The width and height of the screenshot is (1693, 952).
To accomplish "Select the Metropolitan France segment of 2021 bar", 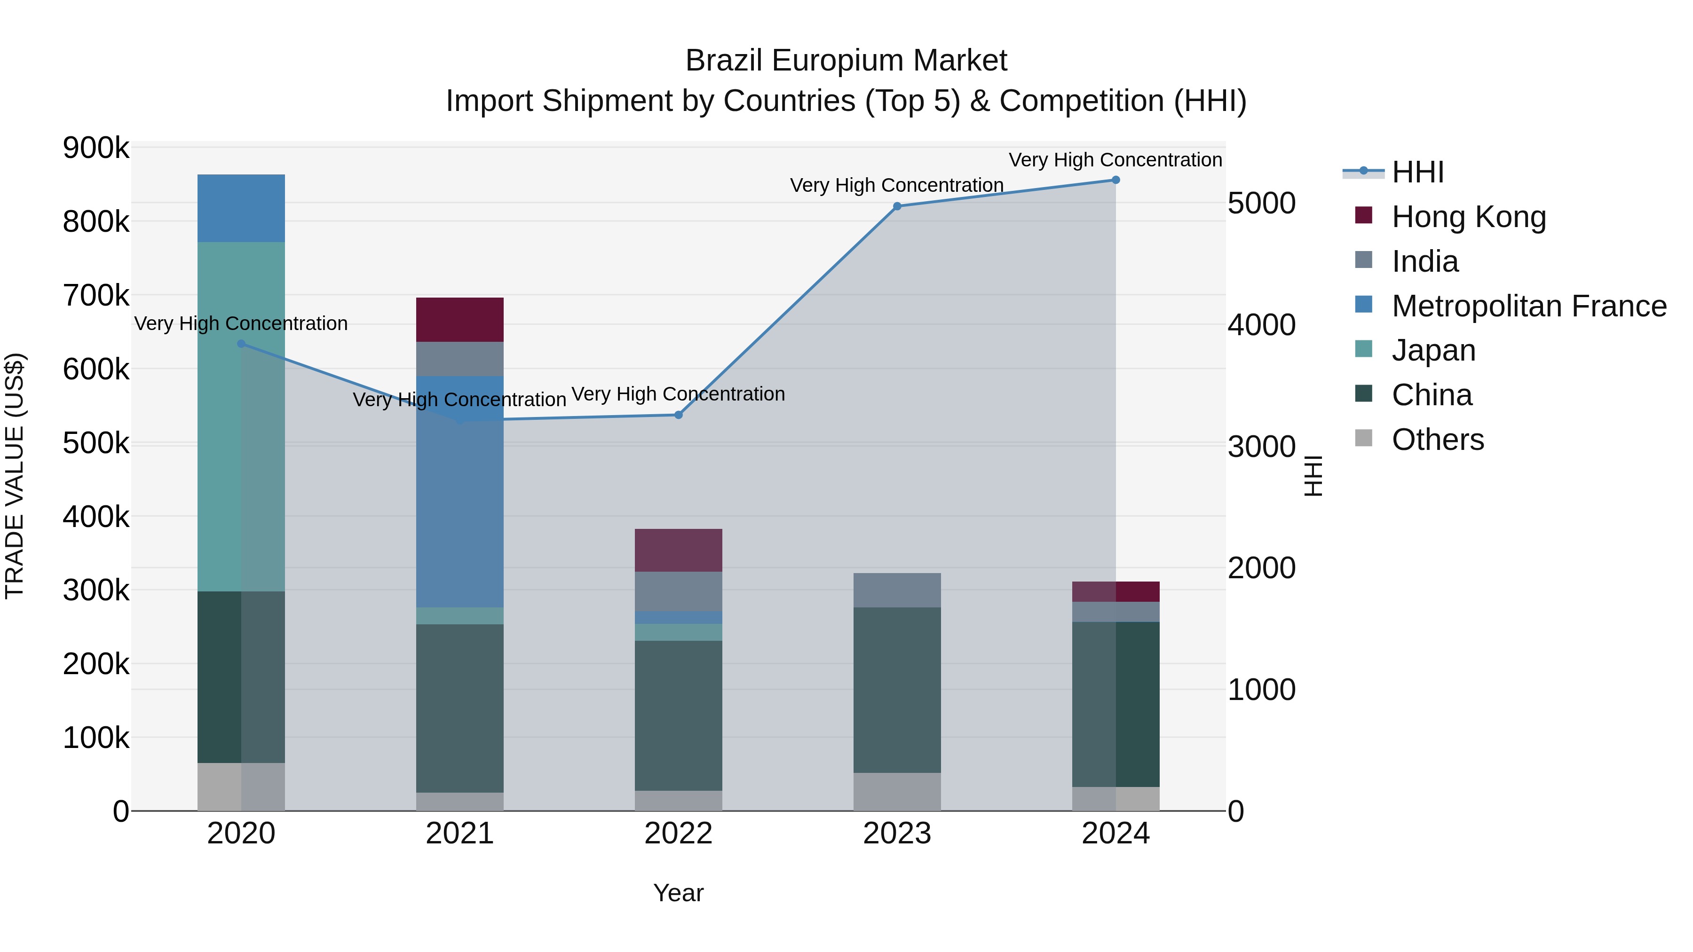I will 459,491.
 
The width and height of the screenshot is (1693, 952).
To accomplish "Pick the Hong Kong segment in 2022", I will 678,550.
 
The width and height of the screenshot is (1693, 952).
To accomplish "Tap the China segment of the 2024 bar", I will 1115,704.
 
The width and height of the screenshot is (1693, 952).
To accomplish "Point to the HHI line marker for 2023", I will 897,206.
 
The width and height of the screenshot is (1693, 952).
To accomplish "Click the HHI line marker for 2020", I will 241,344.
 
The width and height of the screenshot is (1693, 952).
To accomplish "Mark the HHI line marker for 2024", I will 1115,180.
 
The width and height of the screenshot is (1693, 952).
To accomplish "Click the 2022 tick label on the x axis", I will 678,834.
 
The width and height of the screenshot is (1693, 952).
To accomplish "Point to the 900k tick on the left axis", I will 96,149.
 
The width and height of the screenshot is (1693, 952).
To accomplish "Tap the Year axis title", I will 678,893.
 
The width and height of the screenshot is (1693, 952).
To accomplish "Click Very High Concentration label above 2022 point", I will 678,394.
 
